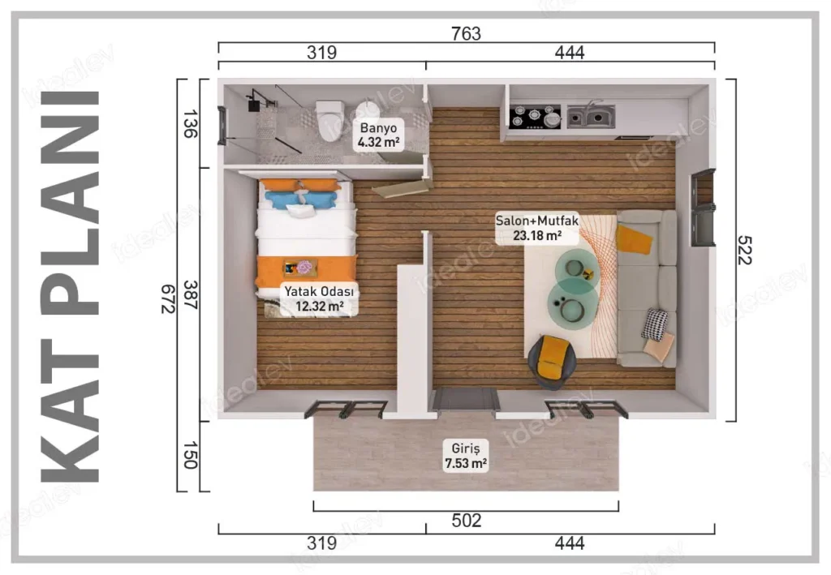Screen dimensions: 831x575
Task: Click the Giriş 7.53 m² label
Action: click(466, 456)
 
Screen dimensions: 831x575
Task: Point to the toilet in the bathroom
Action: click(329, 120)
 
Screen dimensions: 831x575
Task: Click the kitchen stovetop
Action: click(535, 117)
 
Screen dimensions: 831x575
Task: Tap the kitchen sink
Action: click(591, 117)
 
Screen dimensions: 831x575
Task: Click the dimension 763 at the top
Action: click(466, 33)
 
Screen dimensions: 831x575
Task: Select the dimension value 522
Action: click(745, 250)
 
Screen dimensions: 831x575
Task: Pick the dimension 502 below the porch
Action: click(467, 521)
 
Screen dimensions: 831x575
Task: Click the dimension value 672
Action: click(169, 299)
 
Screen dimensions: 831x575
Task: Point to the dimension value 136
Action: click(190, 124)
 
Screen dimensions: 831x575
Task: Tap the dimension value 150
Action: click(190, 455)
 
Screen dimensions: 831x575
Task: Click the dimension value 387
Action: click(190, 295)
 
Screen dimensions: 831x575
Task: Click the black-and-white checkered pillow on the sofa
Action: click(655, 324)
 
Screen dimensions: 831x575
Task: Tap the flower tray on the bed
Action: click(300, 268)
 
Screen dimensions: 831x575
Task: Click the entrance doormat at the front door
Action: click(467, 399)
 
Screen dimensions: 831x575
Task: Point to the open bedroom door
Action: click(403, 188)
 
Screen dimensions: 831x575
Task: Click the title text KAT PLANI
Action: click(70, 287)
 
